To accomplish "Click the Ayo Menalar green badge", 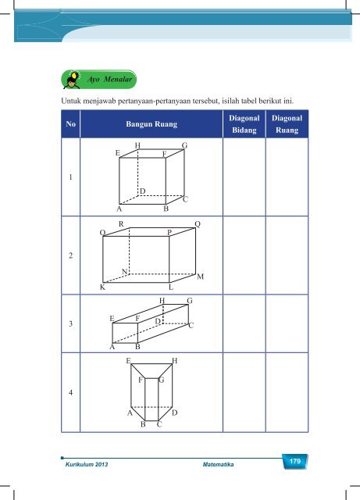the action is (98, 80).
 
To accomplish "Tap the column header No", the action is (71, 123).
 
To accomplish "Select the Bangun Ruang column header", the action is (151, 123).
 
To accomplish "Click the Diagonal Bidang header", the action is (244, 124).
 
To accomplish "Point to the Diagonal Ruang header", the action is (287, 124).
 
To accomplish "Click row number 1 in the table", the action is (70, 177).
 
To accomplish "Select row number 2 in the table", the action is (70, 255).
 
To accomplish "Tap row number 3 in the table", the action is (70, 323).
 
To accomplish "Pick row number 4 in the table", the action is (70, 392).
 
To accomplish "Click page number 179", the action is (295, 461).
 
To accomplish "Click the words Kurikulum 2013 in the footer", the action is (87, 464).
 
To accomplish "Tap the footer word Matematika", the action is (218, 464).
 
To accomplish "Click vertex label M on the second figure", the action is (200, 277).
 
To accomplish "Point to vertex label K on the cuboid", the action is (102, 287).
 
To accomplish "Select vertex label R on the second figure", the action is (121, 224).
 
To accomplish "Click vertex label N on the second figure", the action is (125, 272).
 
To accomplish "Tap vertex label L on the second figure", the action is (171, 287).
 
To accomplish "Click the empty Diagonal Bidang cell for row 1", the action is (244, 177).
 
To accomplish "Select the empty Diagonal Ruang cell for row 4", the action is (287, 392).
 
